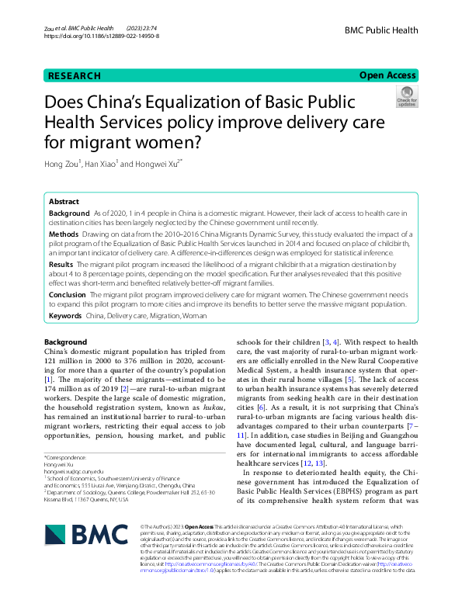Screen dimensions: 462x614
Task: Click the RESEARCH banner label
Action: click(x=75, y=76)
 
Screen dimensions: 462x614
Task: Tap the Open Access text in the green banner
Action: click(x=387, y=76)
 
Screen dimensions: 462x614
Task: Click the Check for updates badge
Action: click(x=406, y=97)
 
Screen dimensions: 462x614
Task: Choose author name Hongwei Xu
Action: click(x=156, y=163)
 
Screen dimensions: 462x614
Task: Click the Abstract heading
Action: click(x=64, y=201)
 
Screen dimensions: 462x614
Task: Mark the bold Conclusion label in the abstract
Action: click(x=68, y=295)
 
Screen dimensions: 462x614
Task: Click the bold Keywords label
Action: click(x=65, y=316)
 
